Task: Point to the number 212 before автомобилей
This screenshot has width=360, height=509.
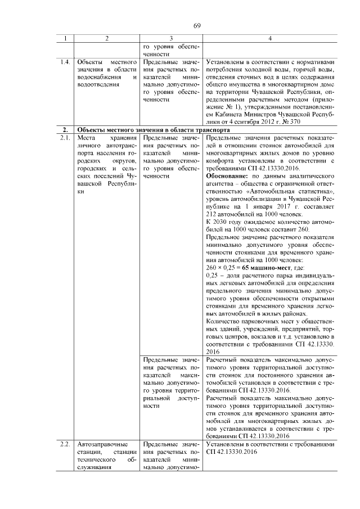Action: pyautogui.click(x=213, y=215)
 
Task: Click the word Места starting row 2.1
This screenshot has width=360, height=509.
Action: pyautogui.click(x=88, y=138)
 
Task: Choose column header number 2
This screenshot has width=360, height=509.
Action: pyautogui.click(x=106, y=38)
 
